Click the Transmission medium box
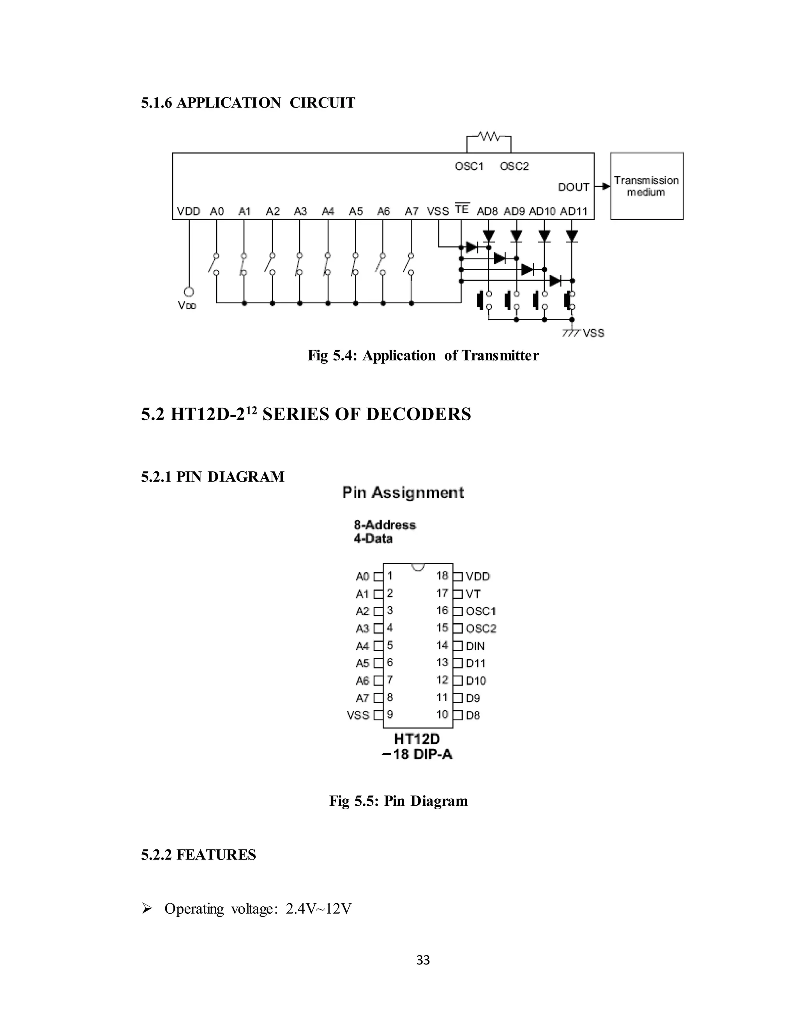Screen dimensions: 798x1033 click(646, 186)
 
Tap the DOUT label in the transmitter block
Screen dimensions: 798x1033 click(574, 187)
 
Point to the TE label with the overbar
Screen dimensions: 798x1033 click(461, 209)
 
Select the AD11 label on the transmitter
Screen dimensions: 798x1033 click(574, 211)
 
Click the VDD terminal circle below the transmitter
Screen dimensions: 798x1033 click(189, 292)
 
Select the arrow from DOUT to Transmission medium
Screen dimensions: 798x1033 click(602, 186)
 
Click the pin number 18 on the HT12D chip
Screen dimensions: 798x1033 click(442, 576)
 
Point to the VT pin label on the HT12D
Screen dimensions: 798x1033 click(473, 594)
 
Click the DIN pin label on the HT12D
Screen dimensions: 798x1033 click(475, 646)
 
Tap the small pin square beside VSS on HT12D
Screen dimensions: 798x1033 click(378, 715)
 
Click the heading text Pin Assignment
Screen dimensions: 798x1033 click(403, 492)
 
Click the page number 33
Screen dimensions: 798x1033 click(423, 960)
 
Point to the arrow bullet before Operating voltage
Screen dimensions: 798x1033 click(147, 909)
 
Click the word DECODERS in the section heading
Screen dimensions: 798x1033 click(418, 414)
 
